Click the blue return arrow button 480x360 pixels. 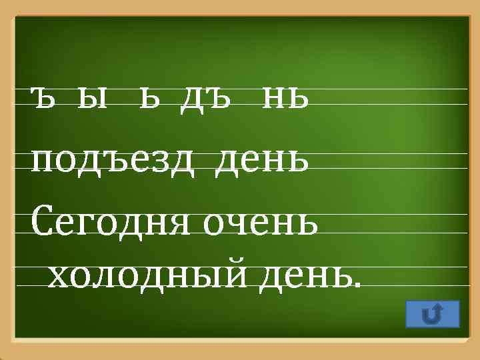pos(432,314)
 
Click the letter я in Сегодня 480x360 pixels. pos(181,223)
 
